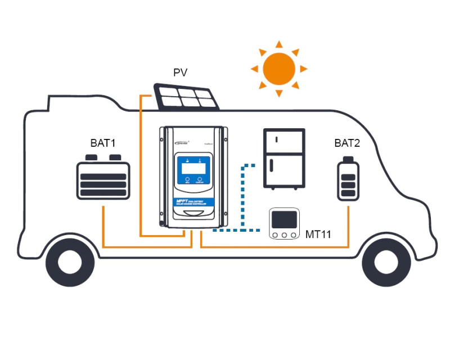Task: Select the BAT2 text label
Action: pos(347,143)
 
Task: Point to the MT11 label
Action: pos(318,233)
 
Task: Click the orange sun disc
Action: pos(280,68)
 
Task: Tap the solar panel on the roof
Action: pos(187,96)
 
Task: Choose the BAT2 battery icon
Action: pos(348,181)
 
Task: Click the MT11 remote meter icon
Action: pos(284,224)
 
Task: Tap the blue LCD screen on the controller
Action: pos(193,166)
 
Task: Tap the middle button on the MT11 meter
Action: pos(284,234)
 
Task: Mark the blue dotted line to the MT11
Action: pos(243,197)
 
